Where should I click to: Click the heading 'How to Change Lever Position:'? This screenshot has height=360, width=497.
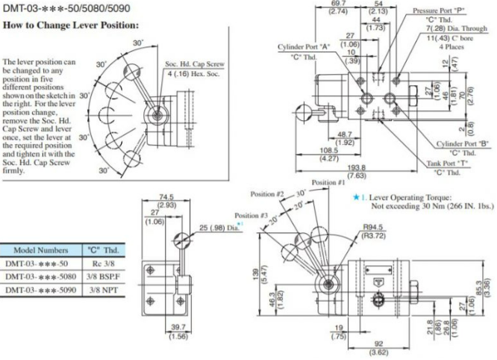[71, 25]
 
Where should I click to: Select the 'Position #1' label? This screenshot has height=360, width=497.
[329, 181]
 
